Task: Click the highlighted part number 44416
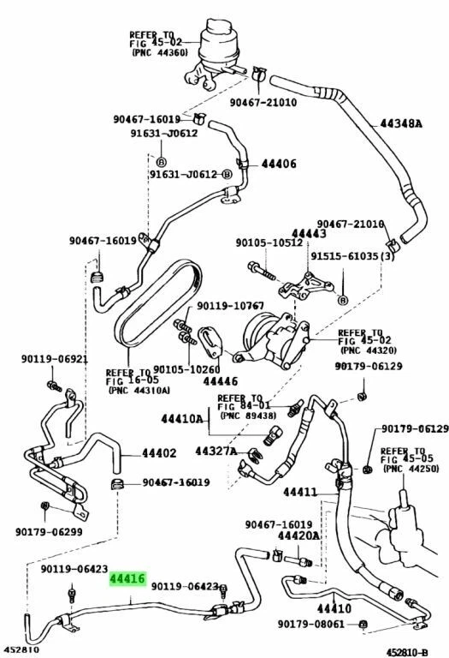click(127, 580)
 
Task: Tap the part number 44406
click(279, 164)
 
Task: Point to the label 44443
click(309, 232)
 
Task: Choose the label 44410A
click(182, 419)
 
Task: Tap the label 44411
click(300, 492)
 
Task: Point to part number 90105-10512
click(268, 242)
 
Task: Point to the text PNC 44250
click(409, 469)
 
